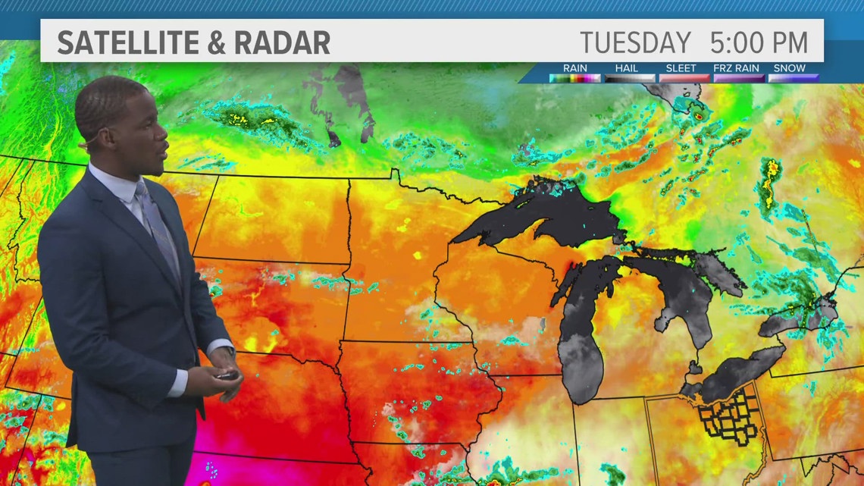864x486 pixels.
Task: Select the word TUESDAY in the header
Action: [635, 42]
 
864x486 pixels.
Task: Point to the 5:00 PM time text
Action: [759, 42]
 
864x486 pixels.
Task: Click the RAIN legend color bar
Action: [575, 77]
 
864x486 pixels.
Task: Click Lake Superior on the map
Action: [546, 216]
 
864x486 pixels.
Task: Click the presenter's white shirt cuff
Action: [177, 383]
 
